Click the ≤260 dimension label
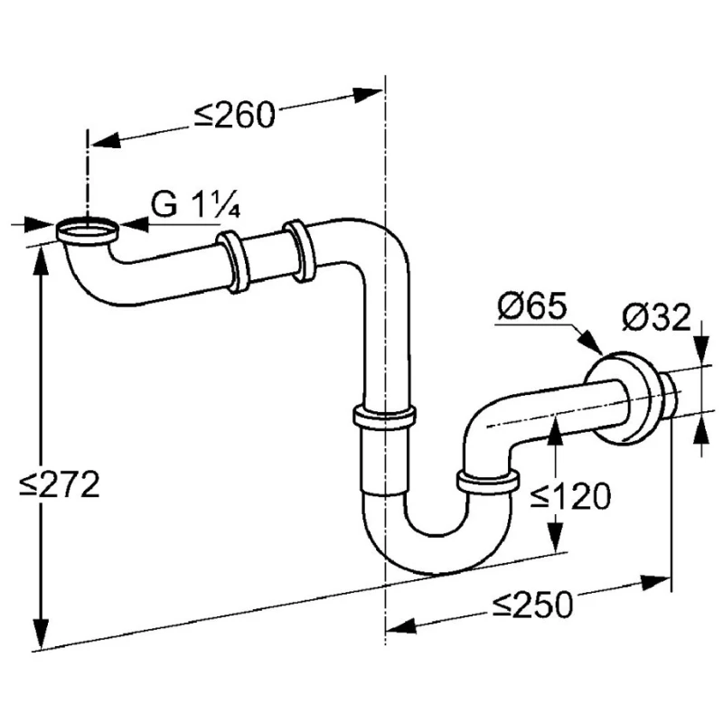click(x=234, y=116)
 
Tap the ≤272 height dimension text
click(x=60, y=484)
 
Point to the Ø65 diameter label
click(x=532, y=305)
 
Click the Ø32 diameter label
click(x=657, y=317)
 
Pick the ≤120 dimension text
click(x=570, y=496)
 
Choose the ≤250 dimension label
click(x=532, y=604)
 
